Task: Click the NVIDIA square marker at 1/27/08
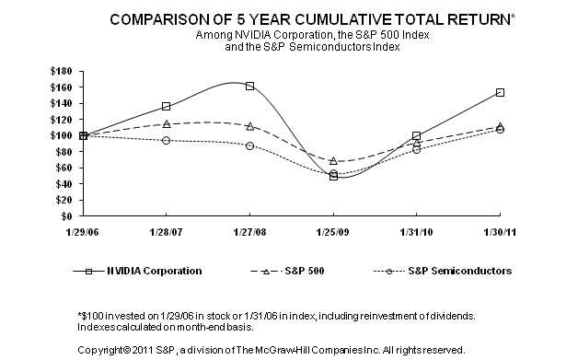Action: click(x=249, y=86)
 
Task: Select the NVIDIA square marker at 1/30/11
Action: click(x=500, y=92)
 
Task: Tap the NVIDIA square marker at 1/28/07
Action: click(x=166, y=107)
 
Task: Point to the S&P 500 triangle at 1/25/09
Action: click(x=333, y=161)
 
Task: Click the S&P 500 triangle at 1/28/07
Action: click(x=166, y=123)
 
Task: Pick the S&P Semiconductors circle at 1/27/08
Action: click(x=249, y=145)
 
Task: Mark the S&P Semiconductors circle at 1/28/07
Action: click(x=166, y=140)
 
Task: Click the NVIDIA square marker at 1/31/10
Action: click(x=416, y=135)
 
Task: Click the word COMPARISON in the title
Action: click(x=162, y=18)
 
